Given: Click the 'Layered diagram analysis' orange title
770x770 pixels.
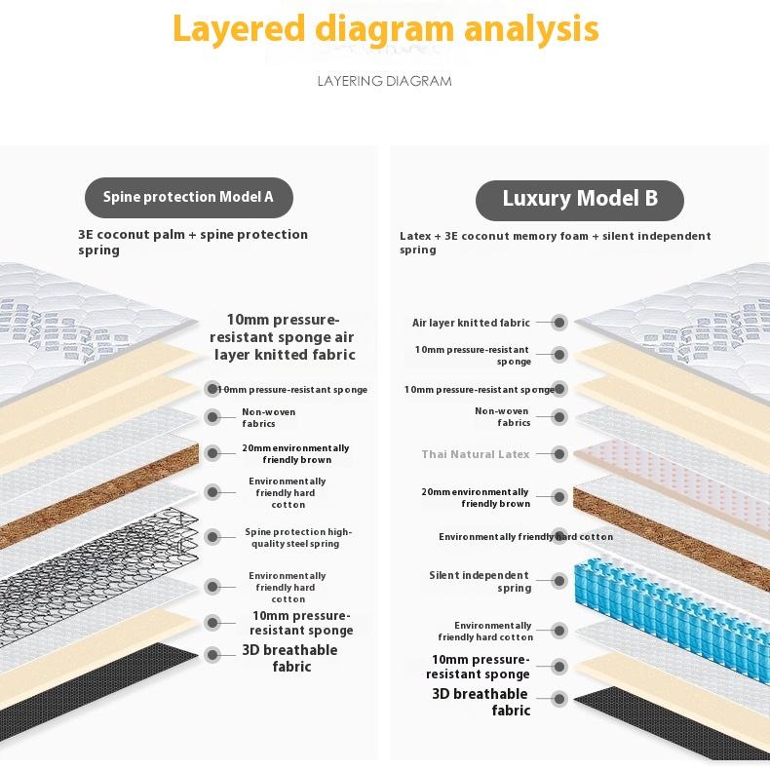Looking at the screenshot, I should point(385,29).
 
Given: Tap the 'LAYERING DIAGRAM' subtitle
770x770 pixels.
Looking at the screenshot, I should point(385,81).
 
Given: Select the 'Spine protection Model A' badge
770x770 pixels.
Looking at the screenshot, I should point(188,197).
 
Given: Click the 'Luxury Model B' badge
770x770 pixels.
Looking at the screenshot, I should point(580,199).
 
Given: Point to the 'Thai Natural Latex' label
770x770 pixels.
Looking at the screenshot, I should point(476,454).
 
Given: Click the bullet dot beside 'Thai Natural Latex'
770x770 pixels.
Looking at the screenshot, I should point(559,454).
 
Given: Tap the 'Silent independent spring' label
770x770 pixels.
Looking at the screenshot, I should point(480,582).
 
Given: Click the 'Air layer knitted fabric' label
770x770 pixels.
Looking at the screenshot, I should point(471,323).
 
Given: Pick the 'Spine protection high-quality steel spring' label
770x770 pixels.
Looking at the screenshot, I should point(298,537).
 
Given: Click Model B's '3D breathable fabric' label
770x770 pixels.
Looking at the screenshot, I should point(481,702).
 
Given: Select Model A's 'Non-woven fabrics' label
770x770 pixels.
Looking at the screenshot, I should point(268,417).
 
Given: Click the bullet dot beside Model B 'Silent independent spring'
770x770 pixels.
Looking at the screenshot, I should point(559,582).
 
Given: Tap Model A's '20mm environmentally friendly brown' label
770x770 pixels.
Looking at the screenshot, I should point(295,453).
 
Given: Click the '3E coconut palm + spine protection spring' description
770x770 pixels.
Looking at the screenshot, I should point(193,242).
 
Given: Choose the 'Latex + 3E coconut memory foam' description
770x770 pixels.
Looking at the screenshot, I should point(555,242).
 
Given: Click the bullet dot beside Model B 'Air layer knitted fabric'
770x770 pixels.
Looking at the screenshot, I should point(559,323).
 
